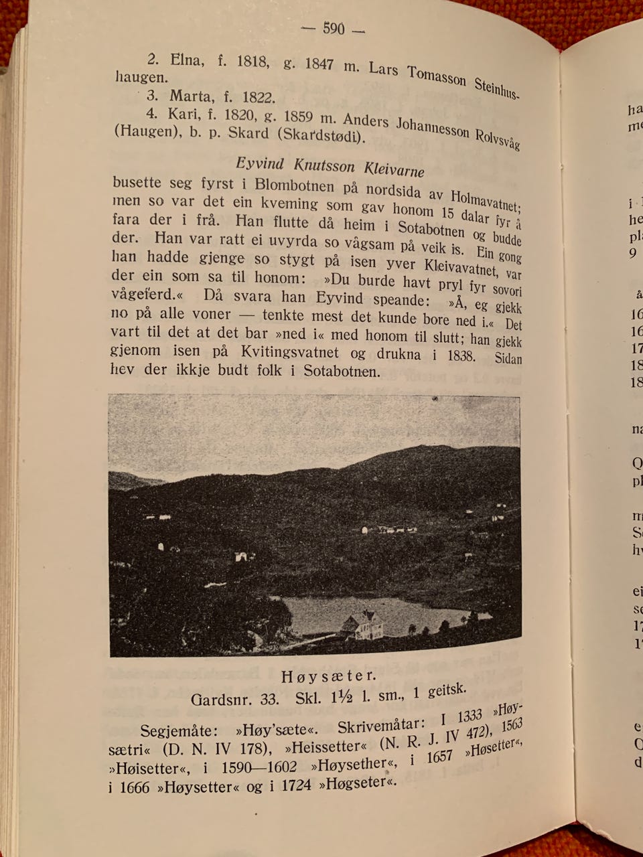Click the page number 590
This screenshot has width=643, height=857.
pyautogui.click(x=333, y=28)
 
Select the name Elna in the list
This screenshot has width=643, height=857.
pyautogui.click(x=186, y=60)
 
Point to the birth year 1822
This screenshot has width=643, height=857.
pyautogui.click(x=259, y=97)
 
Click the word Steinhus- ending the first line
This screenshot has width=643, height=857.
pyautogui.click(x=496, y=88)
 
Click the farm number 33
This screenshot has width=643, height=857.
pyautogui.click(x=269, y=700)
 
